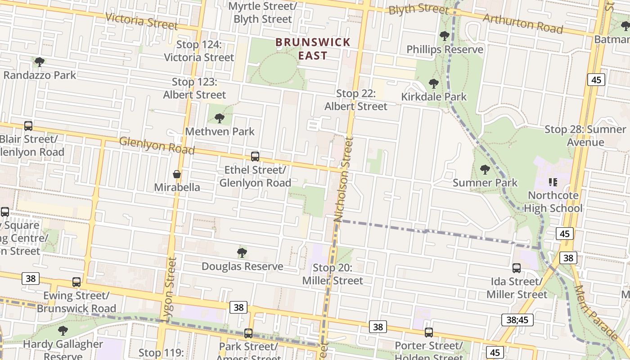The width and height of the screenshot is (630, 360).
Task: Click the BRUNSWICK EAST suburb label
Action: pyautogui.click(x=313, y=49)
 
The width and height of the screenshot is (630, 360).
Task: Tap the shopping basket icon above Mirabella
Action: pyautogui.click(x=177, y=174)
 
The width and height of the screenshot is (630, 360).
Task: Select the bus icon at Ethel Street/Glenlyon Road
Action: pyautogui.click(x=255, y=157)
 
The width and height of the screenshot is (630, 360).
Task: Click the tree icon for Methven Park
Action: pyautogui.click(x=220, y=118)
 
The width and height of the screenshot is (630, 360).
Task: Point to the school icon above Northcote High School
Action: pyautogui.click(x=553, y=182)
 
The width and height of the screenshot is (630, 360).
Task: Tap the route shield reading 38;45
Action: pyautogui.click(x=517, y=320)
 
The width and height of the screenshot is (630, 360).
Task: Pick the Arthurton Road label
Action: pyautogui.click(x=523, y=23)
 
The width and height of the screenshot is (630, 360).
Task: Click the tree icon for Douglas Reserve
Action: pyautogui.click(x=242, y=253)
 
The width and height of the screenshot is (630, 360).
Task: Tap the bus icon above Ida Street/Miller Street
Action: pyautogui.click(x=517, y=268)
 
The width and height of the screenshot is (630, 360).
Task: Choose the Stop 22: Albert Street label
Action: pyautogui.click(x=356, y=100)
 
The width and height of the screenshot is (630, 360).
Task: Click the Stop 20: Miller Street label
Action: pyautogui.click(x=333, y=274)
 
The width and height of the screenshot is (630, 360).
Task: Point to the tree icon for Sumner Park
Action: pyautogui.click(x=485, y=170)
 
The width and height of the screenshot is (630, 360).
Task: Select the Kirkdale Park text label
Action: pyautogui.click(x=434, y=97)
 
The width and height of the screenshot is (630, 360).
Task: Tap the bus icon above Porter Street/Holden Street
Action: pyautogui.click(x=429, y=333)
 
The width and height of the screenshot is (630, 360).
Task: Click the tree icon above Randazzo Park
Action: pyautogui.click(x=40, y=62)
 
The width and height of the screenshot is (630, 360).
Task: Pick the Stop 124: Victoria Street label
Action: pyautogui.click(x=199, y=51)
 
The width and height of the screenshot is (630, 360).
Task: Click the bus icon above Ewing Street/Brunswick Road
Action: pyautogui.click(x=76, y=282)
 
